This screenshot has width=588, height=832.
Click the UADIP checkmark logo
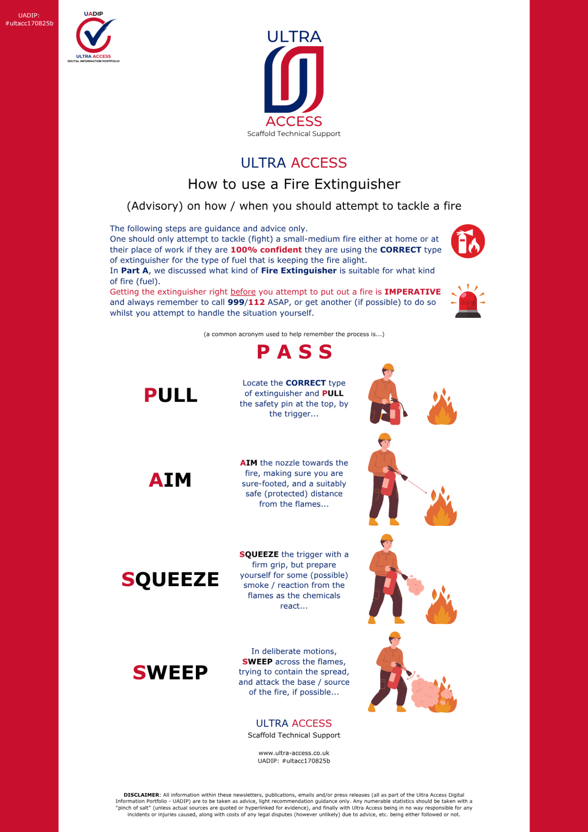(94, 36)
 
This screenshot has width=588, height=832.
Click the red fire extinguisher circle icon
(468, 241)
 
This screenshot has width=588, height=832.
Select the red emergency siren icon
(468, 301)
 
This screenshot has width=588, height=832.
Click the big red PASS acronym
(294, 352)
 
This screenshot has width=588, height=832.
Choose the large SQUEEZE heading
(170, 580)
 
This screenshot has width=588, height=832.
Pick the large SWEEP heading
(170, 673)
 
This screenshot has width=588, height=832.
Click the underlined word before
(243, 292)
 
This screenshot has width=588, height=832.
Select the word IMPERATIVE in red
(412, 292)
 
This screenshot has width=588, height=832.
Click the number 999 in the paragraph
(235, 302)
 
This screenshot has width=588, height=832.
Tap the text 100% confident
(266, 250)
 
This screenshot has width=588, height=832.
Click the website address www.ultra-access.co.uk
(294, 753)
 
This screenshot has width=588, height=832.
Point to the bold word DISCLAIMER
(141, 795)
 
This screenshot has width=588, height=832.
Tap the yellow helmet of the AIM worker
(384, 437)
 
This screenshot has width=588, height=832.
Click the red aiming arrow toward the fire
(417, 486)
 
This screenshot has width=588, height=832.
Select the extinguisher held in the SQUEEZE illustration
(391, 581)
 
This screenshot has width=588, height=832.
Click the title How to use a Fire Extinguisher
(294, 184)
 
